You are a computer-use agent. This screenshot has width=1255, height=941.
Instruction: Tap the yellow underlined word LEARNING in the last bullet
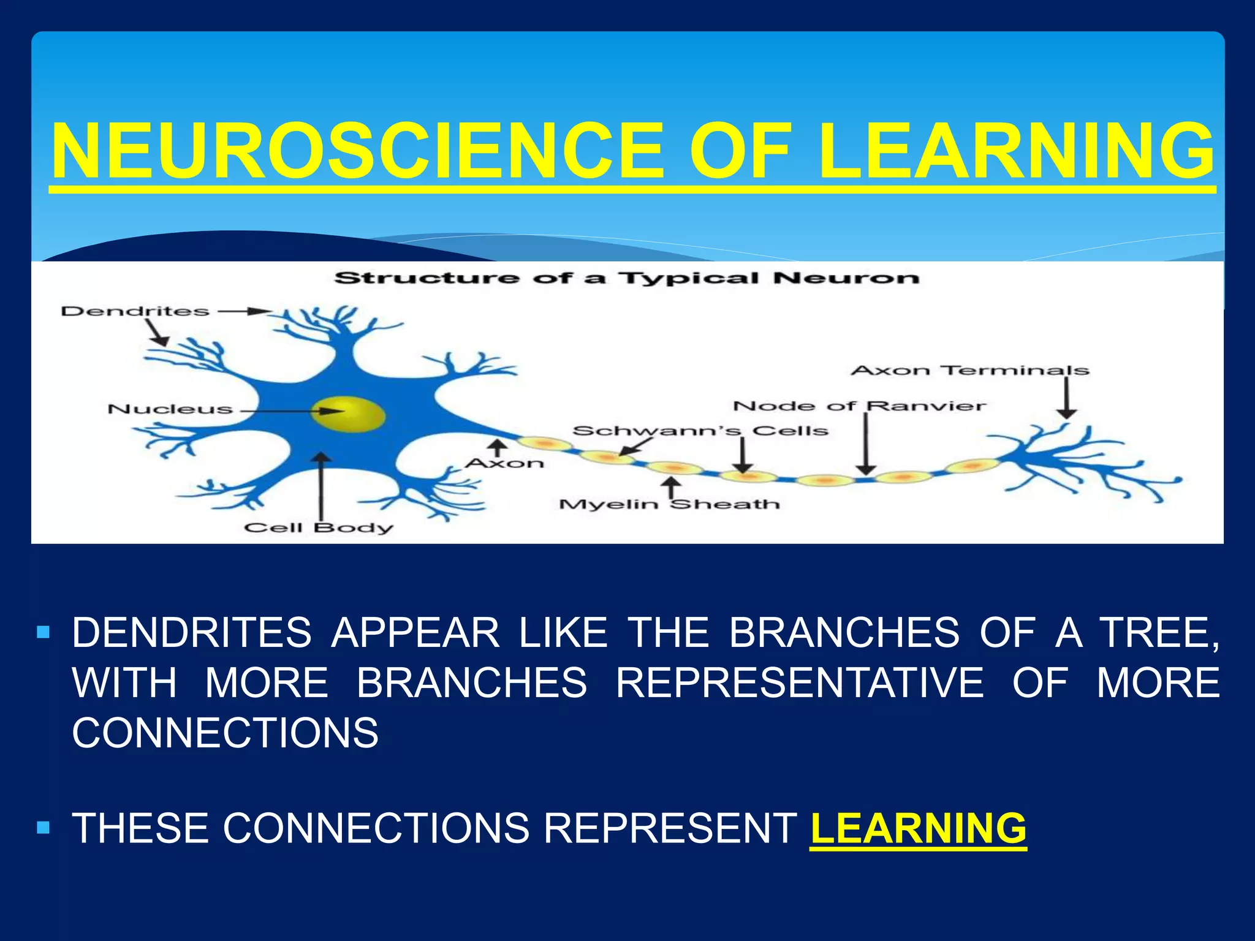pyautogui.click(x=917, y=828)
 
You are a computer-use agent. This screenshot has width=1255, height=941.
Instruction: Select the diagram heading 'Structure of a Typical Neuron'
pyautogui.click(x=626, y=278)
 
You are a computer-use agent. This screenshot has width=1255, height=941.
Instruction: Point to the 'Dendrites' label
pyautogui.click(x=135, y=311)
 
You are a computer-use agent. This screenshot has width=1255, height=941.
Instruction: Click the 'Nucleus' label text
pyautogui.click(x=170, y=409)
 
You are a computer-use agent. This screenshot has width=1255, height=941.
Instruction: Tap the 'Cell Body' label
pyautogui.click(x=318, y=527)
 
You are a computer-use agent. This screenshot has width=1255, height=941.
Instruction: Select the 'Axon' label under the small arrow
pyautogui.click(x=505, y=464)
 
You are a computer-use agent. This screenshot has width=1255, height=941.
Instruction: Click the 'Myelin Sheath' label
pyautogui.click(x=669, y=504)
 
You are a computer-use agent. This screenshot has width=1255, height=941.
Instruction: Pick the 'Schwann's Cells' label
pyautogui.click(x=700, y=431)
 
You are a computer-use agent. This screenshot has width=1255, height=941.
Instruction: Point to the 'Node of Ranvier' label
pyautogui.click(x=859, y=406)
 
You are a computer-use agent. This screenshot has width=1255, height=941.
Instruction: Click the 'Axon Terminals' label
pyautogui.click(x=969, y=370)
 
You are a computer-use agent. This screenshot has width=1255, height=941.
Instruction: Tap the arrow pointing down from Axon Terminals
pyautogui.click(x=1066, y=398)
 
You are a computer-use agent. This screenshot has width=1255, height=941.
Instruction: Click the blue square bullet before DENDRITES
pyautogui.click(x=43, y=632)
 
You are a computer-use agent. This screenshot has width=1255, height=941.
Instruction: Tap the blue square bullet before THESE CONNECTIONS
pyautogui.click(x=43, y=828)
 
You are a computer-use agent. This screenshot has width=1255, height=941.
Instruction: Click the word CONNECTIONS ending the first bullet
pyautogui.click(x=225, y=733)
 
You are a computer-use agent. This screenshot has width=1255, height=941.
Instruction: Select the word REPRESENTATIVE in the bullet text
pyautogui.click(x=800, y=682)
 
